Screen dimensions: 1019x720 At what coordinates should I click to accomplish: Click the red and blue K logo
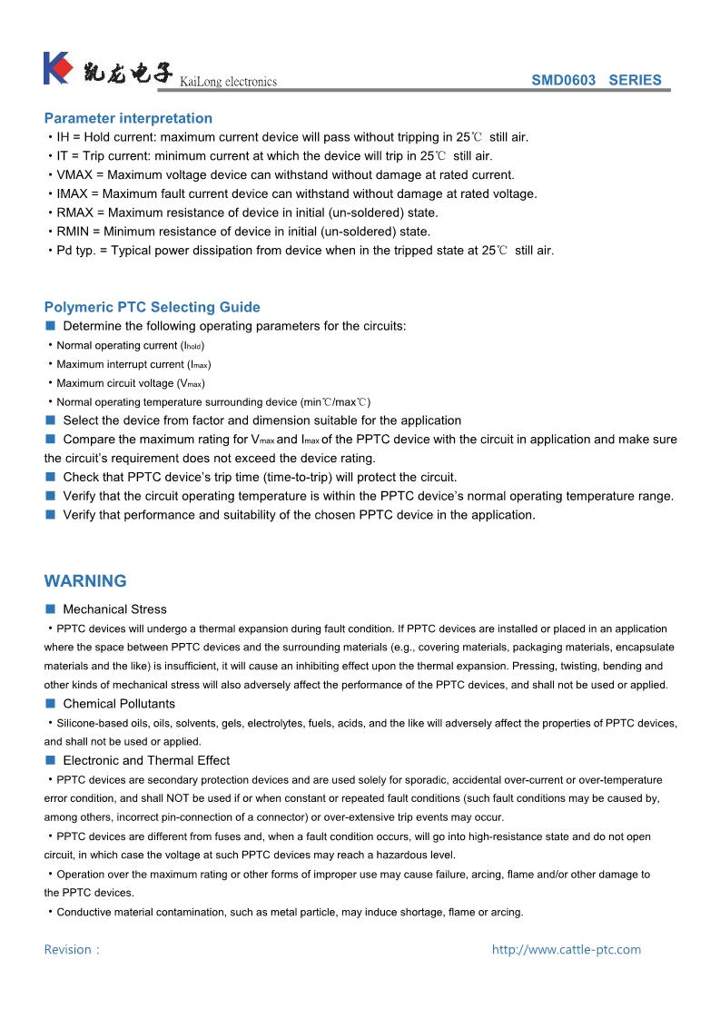(x=57, y=69)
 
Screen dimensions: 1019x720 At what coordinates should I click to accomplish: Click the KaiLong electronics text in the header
(x=228, y=82)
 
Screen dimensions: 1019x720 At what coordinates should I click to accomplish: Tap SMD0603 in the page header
(x=563, y=80)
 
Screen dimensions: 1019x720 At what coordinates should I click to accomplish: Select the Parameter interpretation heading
(x=128, y=118)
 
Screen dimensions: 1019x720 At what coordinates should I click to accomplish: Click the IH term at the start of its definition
(x=64, y=137)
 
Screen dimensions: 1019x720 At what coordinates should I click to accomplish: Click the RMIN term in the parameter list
(x=74, y=232)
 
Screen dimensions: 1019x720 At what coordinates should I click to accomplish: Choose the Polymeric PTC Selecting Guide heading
(x=152, y=307)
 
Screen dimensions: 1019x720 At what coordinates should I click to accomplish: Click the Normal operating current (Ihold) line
(x=130, y=346)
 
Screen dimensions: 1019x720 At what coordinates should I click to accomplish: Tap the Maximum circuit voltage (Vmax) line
(x=130, y=383)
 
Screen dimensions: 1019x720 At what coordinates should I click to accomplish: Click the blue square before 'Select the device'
(x=51, y=420)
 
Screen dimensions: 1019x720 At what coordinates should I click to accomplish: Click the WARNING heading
(x=85, y=581)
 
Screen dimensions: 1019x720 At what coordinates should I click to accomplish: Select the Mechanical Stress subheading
(x=114, y=609)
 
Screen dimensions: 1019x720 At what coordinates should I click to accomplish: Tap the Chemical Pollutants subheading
(x=119, y=704)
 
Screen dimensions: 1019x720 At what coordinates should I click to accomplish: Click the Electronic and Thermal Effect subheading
(x=146, y=760)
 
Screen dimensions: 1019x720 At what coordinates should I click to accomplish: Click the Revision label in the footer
(x=68, y=950)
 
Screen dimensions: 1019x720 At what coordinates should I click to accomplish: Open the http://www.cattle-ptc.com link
(x=567, y=950)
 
